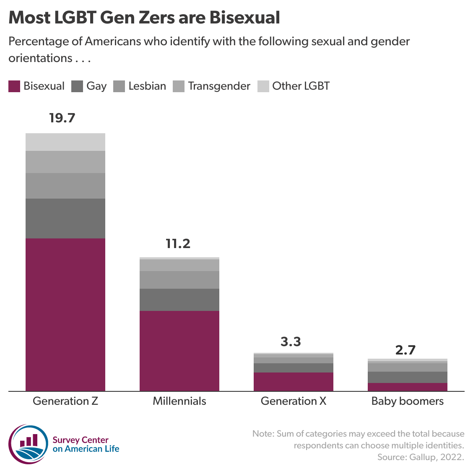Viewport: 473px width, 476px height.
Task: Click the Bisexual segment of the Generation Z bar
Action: [65, 314]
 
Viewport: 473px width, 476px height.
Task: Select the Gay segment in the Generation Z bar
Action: [65, 218]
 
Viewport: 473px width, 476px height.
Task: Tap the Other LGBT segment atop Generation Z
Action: [65, 142]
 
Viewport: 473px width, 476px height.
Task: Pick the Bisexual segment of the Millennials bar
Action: [179, 351]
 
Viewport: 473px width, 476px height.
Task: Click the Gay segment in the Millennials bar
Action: [179, 300]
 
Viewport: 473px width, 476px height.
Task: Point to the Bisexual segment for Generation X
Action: [294, 381]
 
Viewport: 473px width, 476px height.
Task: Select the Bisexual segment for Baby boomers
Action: [408, 387]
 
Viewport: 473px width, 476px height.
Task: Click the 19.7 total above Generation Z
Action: [62, 118]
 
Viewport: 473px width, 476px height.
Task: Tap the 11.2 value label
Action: [178, 243]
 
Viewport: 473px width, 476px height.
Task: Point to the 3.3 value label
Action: [291, 341]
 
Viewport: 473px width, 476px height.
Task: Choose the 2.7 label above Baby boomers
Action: [405, 349]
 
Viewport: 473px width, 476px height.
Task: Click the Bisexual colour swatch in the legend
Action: [14, 86]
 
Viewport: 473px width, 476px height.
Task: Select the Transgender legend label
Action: [219, 86]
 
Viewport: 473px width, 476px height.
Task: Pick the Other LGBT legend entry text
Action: [301, 86]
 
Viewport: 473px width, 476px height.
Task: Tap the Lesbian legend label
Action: [147, 86]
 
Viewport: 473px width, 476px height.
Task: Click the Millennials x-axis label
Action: [179, 401]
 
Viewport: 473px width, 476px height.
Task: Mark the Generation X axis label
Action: [294, 401]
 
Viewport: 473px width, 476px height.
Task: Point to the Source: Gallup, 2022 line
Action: [421, 457]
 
